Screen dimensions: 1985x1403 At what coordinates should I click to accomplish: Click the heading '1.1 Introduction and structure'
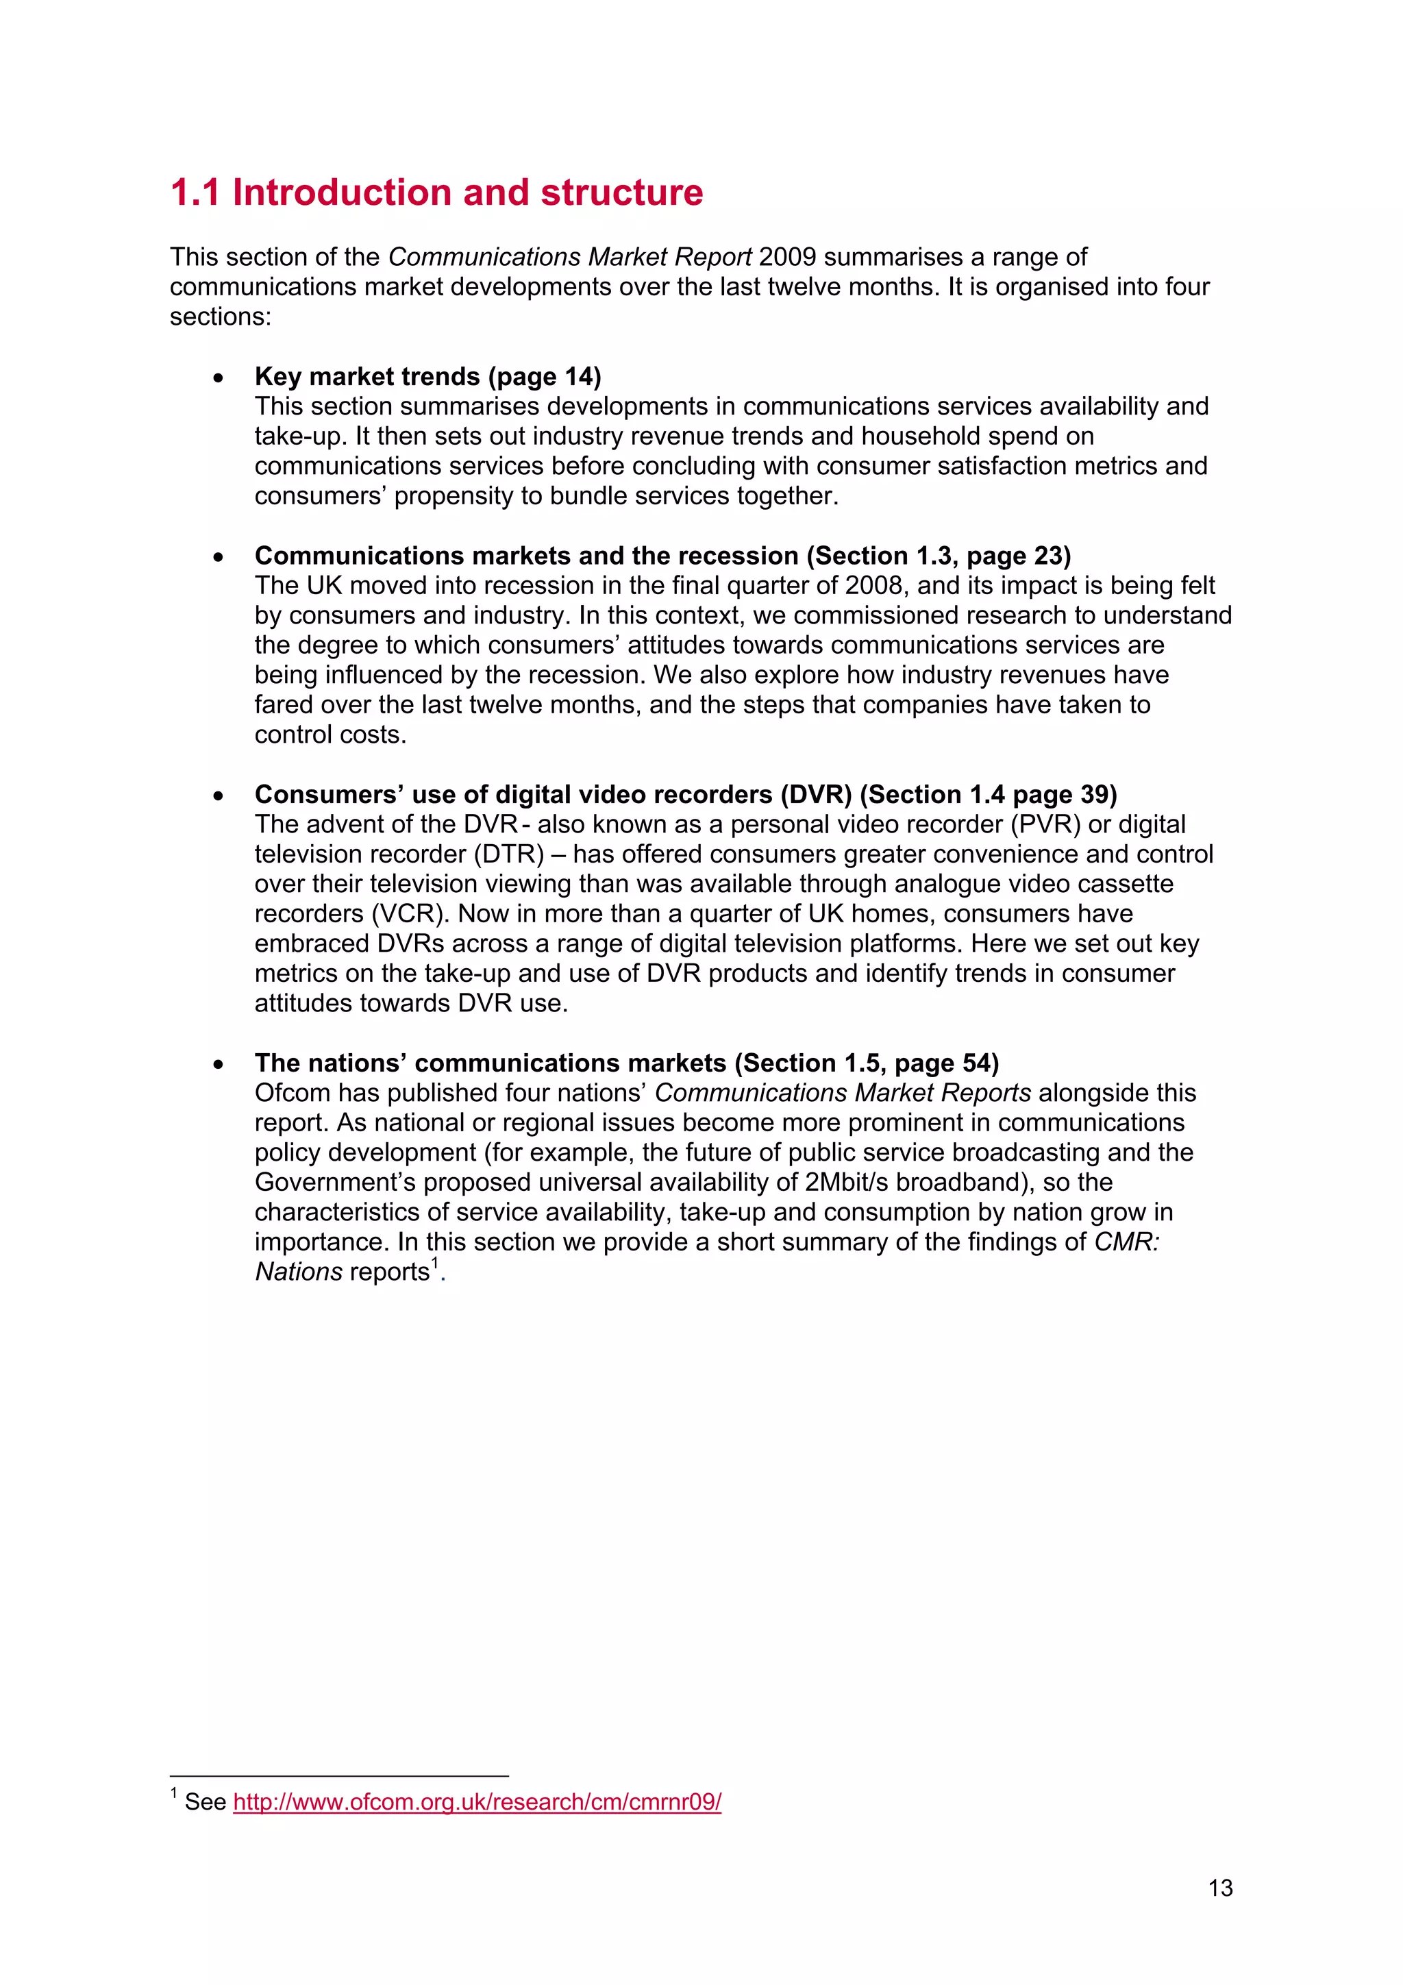(436, 192)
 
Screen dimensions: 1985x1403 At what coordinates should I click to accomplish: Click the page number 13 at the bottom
(1219, 1888)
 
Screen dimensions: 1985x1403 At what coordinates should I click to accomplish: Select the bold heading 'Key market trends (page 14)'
(428, 376)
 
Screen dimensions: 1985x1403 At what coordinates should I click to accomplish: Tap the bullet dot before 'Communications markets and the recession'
(219, 557)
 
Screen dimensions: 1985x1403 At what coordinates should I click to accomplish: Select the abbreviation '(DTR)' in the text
(508, 854)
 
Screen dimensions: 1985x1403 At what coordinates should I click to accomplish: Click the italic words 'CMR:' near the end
(1126, 1242)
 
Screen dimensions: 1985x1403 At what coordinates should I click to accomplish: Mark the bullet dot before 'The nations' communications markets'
(219, 1064)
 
